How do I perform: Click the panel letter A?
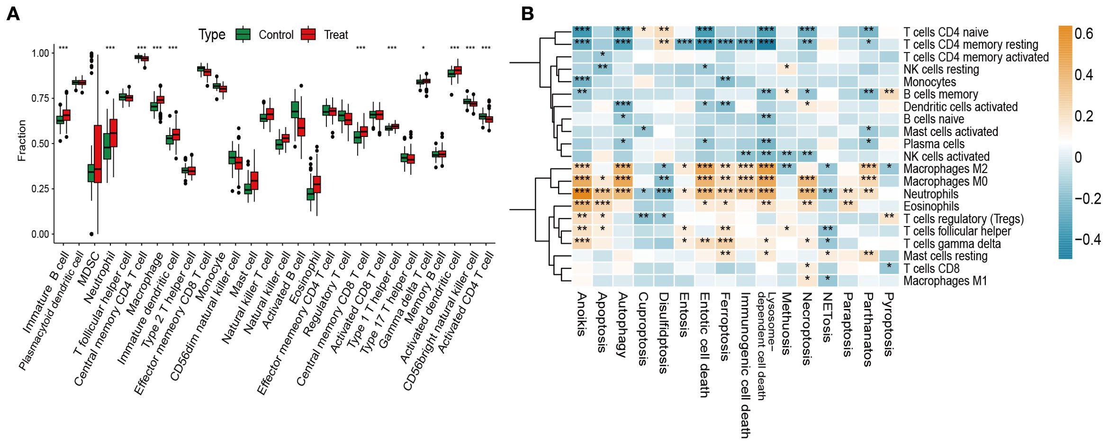pos(13,14)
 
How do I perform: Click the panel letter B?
pos(527,14)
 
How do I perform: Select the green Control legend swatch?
pos(243,35)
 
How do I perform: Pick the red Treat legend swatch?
pos(308,35)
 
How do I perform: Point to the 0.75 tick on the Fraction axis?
pos(40,98)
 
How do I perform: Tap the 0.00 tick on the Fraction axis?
pos(40,234)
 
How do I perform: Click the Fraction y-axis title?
pos(22,140)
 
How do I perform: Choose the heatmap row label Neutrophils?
pos(930,194)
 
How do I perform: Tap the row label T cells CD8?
pos(931,269)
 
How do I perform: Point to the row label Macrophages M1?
pos(945,281)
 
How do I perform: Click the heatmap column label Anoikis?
pos(582,314)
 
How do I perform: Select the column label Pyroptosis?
pos(889,324)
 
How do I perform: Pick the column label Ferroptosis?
pos(725,327)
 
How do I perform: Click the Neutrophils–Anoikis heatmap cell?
pos(582,193)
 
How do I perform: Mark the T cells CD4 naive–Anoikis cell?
pos(582,32)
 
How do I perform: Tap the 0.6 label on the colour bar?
pos(1083,34)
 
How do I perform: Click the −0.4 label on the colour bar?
pos(1087,239)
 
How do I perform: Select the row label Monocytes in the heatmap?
pos(929,82)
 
